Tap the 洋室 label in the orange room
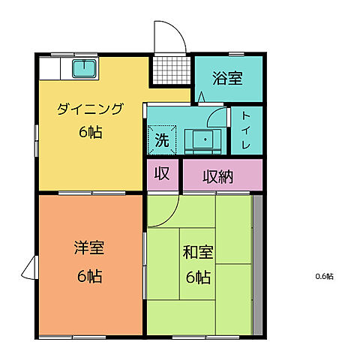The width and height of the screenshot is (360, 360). coord(88,247)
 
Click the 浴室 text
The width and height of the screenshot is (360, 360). coord(227,77)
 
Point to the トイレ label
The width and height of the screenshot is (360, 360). coord(247,130)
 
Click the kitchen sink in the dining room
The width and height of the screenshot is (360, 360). coord(83,70)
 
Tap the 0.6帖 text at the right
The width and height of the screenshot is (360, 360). coord(324,276)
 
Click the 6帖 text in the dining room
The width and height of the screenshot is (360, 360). coord(89,133)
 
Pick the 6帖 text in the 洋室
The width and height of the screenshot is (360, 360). coord(88,275)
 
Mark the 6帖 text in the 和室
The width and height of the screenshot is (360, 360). coord(198,277)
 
